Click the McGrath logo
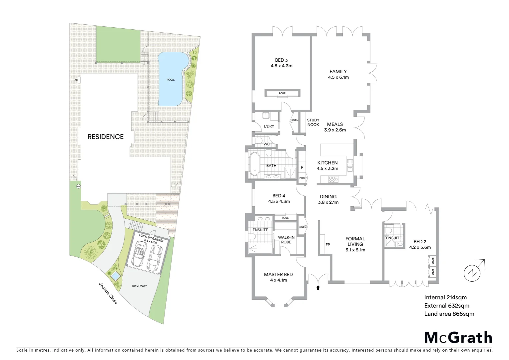458,337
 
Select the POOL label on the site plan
171,80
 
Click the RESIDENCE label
106,137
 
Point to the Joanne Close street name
108,293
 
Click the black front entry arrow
318,287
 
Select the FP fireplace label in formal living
328,244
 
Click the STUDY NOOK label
313,122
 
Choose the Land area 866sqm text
449,314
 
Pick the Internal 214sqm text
445,297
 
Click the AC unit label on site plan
76,80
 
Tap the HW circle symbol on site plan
79,186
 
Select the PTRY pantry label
302,178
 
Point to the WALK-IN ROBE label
286,239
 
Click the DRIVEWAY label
139,286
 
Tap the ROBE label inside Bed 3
282,93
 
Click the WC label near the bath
266,144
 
